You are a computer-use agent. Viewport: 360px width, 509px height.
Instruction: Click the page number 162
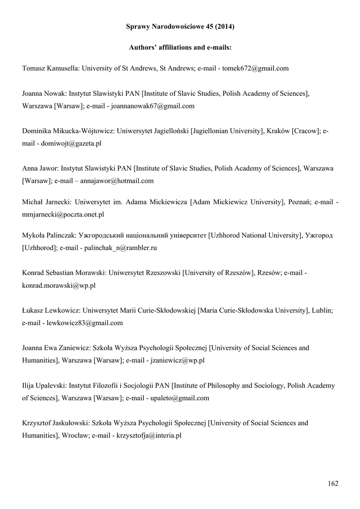tap(333, 484)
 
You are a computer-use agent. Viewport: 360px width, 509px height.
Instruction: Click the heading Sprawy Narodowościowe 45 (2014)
tap(180, 27)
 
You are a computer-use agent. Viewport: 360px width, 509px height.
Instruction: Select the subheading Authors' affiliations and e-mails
tap(180, 48)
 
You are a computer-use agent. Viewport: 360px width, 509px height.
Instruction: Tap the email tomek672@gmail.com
tap(255, 69)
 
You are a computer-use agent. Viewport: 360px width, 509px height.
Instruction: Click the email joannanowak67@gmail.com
tap(153, 106)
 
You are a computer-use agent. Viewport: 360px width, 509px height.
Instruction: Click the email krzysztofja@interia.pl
tap(149, 435)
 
